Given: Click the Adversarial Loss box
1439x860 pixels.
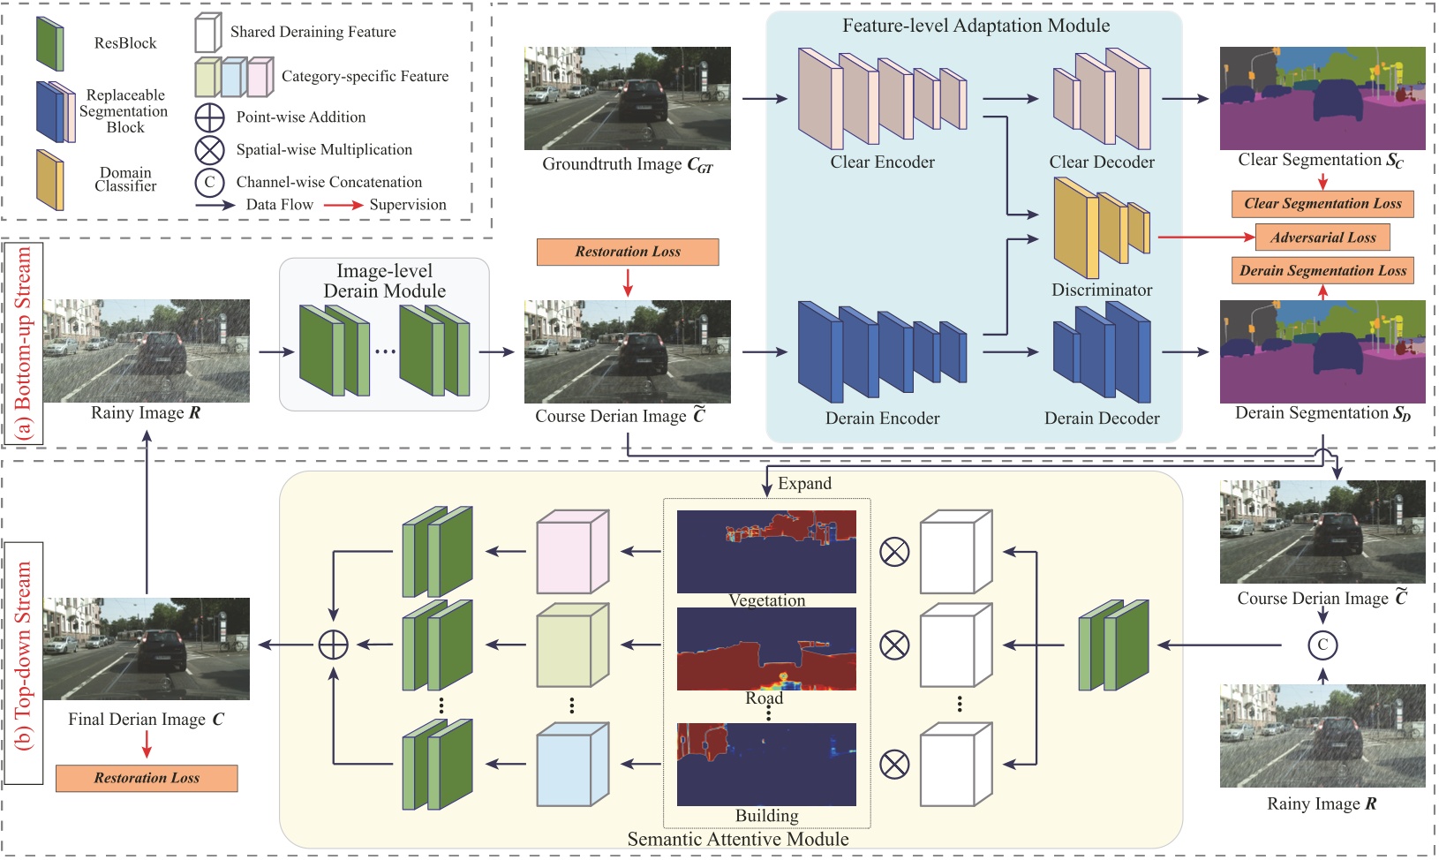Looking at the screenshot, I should pos(1322,238).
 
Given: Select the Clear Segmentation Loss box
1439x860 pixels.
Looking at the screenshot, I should pos(1322,204).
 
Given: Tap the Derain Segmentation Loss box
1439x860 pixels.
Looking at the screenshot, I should pos(1322,271).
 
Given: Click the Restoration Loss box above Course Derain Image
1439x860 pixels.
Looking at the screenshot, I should pos(628,252).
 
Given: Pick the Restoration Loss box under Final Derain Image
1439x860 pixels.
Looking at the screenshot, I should pos(147,778).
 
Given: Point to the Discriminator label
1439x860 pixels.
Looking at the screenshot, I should pos(1102,290).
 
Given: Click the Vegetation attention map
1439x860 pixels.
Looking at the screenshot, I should pos(766,551).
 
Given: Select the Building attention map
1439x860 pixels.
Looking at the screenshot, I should pos(766,764).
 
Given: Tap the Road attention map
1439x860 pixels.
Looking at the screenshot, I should pos(766,648).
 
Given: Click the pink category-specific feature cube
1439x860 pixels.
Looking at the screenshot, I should pos(572,553).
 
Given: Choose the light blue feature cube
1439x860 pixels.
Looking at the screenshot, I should pos(572,765).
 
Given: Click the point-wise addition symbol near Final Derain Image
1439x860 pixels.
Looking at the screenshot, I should pos(334,645).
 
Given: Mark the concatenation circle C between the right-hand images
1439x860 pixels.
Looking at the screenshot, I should pos(1322,645).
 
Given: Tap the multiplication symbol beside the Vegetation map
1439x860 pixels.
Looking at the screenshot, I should pos(894,553).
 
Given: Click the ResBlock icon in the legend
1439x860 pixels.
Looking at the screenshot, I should pos(49,43).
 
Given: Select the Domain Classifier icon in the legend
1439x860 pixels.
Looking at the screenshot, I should pos(49,180).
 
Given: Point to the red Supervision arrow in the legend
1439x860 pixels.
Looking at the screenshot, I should pos(343,205).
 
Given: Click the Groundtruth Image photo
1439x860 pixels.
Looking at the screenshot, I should pos(628,98).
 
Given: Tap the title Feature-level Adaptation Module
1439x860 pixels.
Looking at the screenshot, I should pos(976,26).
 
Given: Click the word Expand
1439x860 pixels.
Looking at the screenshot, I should pos(804,484).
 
